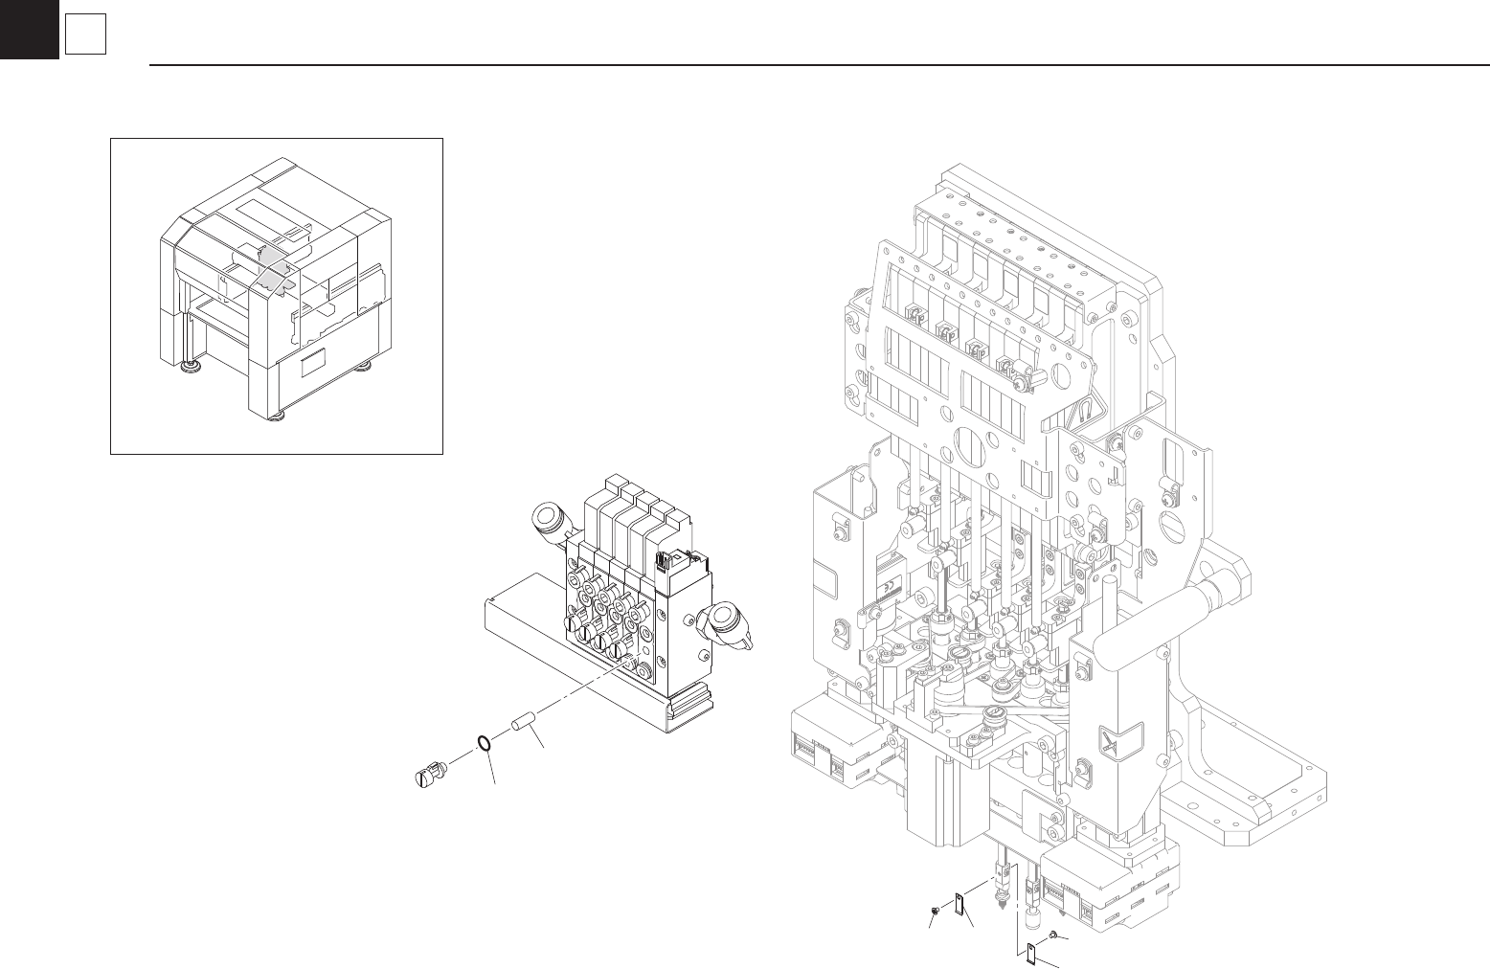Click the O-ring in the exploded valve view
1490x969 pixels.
(x=485, y=743)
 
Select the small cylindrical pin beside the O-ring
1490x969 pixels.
(x=523, y=721)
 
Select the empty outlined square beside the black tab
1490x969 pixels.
(x=84, y=36)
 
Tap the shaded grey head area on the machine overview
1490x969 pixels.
(x=274, y=264)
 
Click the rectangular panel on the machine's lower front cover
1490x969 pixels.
(x=320, y=365)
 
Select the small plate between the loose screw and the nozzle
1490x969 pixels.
(x=959, y=903)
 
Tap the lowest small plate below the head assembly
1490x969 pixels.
(x=1030, y=954)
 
